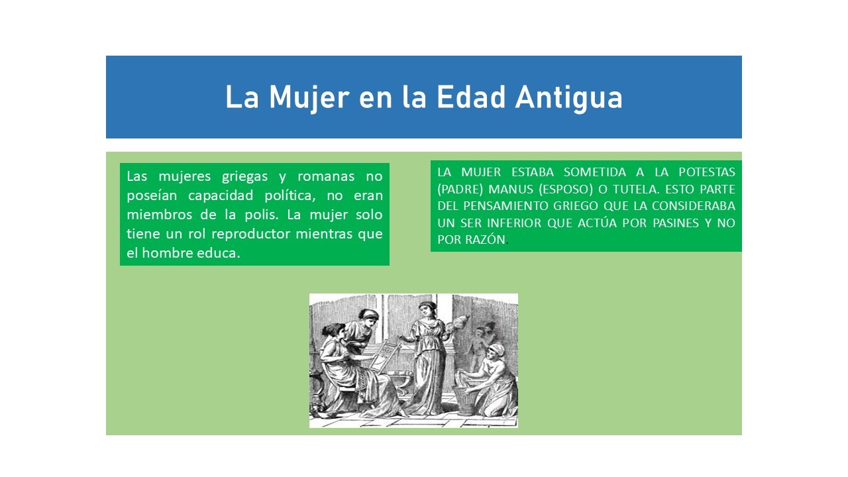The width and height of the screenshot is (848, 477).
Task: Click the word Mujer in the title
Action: pos(309,98)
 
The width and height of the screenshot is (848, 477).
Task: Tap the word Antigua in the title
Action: pos(568,98)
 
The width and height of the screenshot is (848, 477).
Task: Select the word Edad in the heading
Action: pos(471,97)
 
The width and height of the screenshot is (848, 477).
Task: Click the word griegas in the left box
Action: pos(244,177)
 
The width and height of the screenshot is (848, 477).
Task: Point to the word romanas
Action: pos(326,176)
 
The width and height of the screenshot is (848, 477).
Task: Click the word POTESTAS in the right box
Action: pos(707,172)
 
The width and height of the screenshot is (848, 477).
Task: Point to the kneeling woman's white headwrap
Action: pos(497,348)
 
